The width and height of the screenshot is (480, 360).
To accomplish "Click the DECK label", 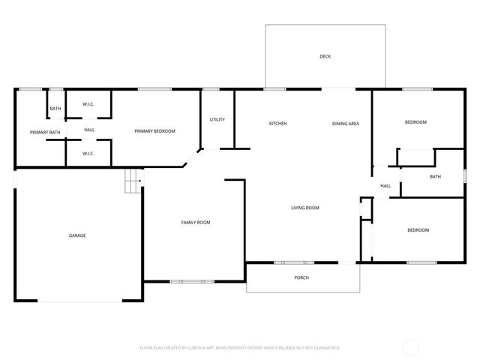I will [x=325, y=56].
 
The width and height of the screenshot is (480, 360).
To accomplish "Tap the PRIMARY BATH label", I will [x=45, y=133].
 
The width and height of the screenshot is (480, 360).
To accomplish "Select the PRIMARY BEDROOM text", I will [x=154, y=131].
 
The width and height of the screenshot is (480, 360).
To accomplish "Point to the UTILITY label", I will [x=217, y=119].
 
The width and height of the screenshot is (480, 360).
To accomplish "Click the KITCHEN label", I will [x=278, y=124].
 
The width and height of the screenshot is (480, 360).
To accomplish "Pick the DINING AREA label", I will [x=346, y=124].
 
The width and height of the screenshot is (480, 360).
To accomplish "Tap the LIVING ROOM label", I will [x=305, y=208].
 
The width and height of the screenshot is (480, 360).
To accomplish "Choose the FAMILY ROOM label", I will [x=196, y=222].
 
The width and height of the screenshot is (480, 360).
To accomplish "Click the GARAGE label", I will [x=77, y=235].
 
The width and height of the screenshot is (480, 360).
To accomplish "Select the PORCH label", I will [x=301, y=277].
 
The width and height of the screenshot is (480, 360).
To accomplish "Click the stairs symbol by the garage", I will [x=133, y=181].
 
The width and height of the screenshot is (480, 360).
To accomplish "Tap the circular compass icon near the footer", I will [x=410, y=347].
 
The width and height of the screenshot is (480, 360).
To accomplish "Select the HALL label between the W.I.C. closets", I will [x=89, y=130].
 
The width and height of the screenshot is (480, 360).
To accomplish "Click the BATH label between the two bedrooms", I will [x=435, y=177].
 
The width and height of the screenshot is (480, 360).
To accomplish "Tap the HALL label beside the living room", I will [x=385, y=186].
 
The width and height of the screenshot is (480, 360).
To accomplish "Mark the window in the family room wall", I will [x=187, y=282].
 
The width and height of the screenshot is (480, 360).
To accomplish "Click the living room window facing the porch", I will [x=294, y=262].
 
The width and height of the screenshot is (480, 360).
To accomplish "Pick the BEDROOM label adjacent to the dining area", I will [x=415, y=122].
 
